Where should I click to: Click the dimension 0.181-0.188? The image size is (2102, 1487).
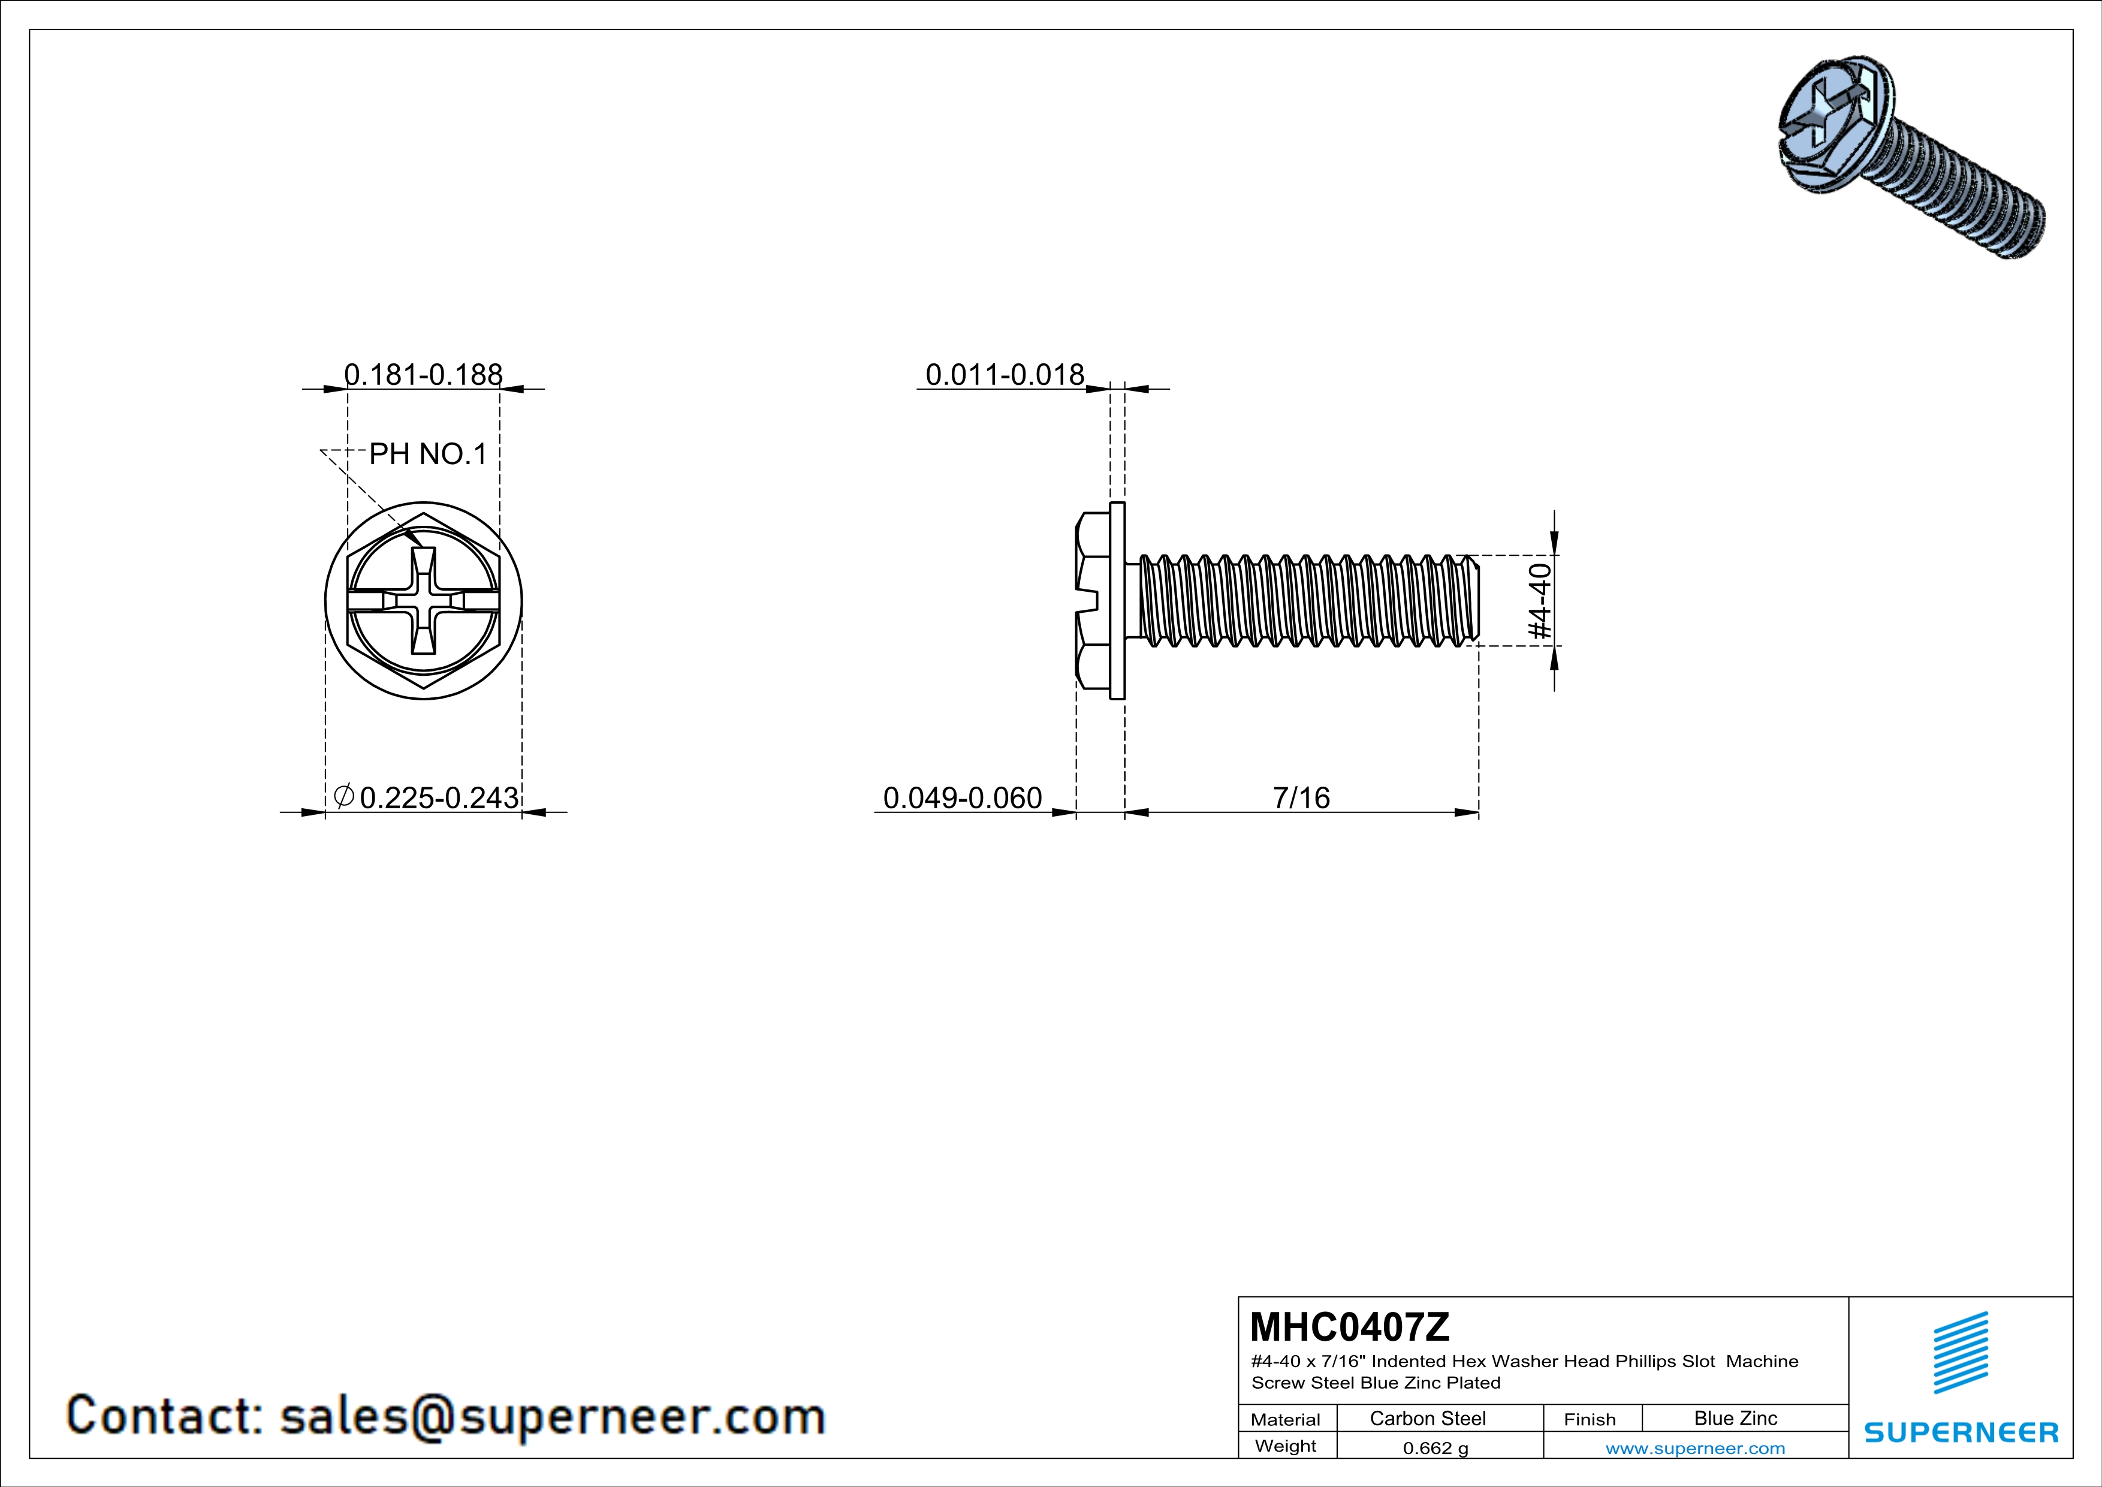423,375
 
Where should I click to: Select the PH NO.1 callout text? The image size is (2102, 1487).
427,454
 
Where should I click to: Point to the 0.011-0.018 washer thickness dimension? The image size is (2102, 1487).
1005,375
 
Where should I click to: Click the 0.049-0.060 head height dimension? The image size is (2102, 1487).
961,797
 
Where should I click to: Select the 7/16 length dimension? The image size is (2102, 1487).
1301,797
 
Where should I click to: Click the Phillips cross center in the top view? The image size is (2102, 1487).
424,601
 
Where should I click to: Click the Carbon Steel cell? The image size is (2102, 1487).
1427,1418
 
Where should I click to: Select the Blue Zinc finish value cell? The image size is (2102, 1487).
1735,1418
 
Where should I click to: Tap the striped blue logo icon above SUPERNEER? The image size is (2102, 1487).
1960,1353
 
